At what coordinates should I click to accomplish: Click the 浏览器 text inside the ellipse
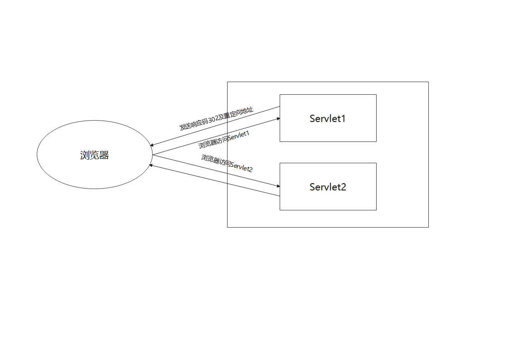coord(94,155)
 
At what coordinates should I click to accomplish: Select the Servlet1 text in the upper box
coord(328,118)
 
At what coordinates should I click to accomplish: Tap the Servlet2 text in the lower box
coord(328,187)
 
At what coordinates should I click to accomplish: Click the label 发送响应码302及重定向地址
coord(216,118)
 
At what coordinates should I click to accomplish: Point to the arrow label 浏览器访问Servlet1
coord(224,140)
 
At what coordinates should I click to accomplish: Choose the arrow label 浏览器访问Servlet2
coord(227,163)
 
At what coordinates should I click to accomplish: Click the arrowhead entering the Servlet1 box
coord(278,119)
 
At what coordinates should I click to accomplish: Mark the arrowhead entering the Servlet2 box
coord(278,186)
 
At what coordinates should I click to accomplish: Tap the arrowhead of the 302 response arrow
coord(151,145)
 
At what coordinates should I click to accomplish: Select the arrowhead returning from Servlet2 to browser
coord(150,165)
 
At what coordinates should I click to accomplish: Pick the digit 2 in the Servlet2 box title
coord(343,187)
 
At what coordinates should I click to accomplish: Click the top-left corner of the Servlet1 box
coord(280,94)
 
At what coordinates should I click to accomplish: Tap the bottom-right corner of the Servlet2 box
coord(377,210)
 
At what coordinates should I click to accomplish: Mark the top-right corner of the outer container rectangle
coord(428,82)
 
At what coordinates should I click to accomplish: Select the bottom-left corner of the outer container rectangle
coord(227,227)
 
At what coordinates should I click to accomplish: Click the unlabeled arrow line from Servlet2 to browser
coord(214,180)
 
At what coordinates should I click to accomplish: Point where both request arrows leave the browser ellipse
coord(152,155)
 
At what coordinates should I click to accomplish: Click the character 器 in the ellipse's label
coord(104,155)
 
